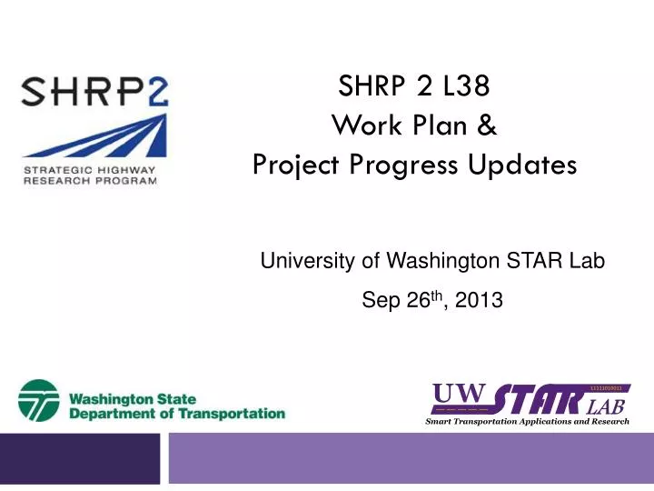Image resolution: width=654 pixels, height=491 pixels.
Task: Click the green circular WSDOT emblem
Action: coord(39,401)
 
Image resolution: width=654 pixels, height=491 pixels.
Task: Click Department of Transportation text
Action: coord(177,414)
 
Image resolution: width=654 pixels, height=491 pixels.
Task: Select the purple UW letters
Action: coord(461,395)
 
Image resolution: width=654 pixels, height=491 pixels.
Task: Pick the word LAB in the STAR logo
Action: coord(606,406)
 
